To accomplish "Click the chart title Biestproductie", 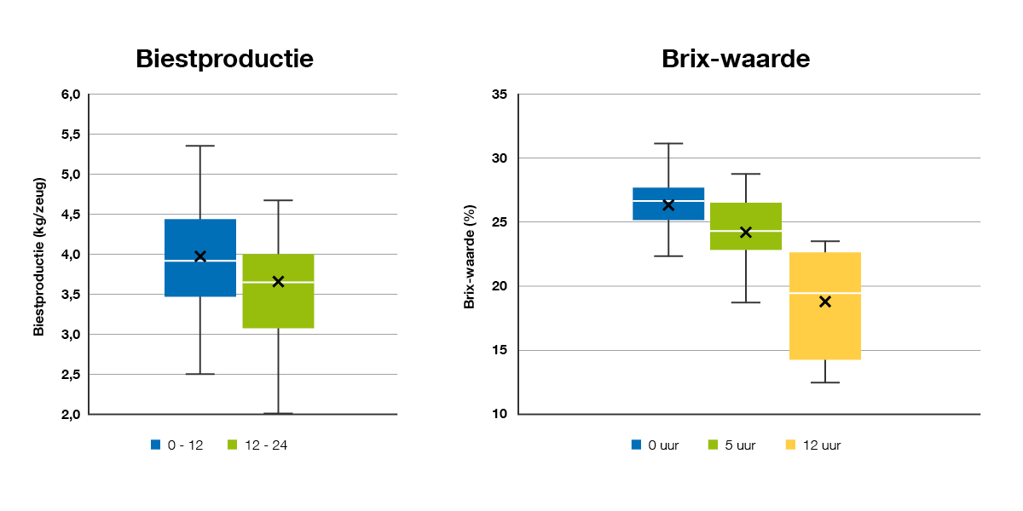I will click(225, 59).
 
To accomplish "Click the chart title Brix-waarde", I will click(735, 59).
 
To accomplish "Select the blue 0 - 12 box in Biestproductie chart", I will click(200, 281).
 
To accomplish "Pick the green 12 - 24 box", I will click(278, 307).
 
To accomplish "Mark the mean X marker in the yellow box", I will click(824, 301).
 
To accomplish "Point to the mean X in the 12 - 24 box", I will click(278, 281).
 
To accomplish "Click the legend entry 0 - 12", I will click(177, 445).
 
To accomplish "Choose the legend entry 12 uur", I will click(813, 445).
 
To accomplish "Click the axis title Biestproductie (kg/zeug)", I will click(39, 255).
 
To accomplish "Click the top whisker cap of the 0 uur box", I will click(668, 143).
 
